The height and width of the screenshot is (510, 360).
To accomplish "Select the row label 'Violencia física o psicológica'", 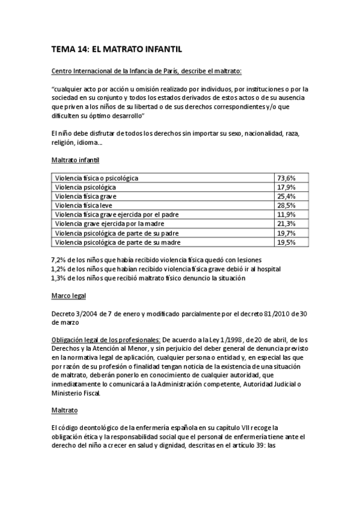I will (x=97, y=178).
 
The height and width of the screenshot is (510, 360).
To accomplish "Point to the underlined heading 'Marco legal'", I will (x=69, y=295).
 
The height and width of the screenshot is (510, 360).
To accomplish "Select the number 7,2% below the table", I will (x=59, y=259).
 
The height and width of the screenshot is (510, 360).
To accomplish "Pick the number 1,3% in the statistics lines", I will (x=59, y=277).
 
